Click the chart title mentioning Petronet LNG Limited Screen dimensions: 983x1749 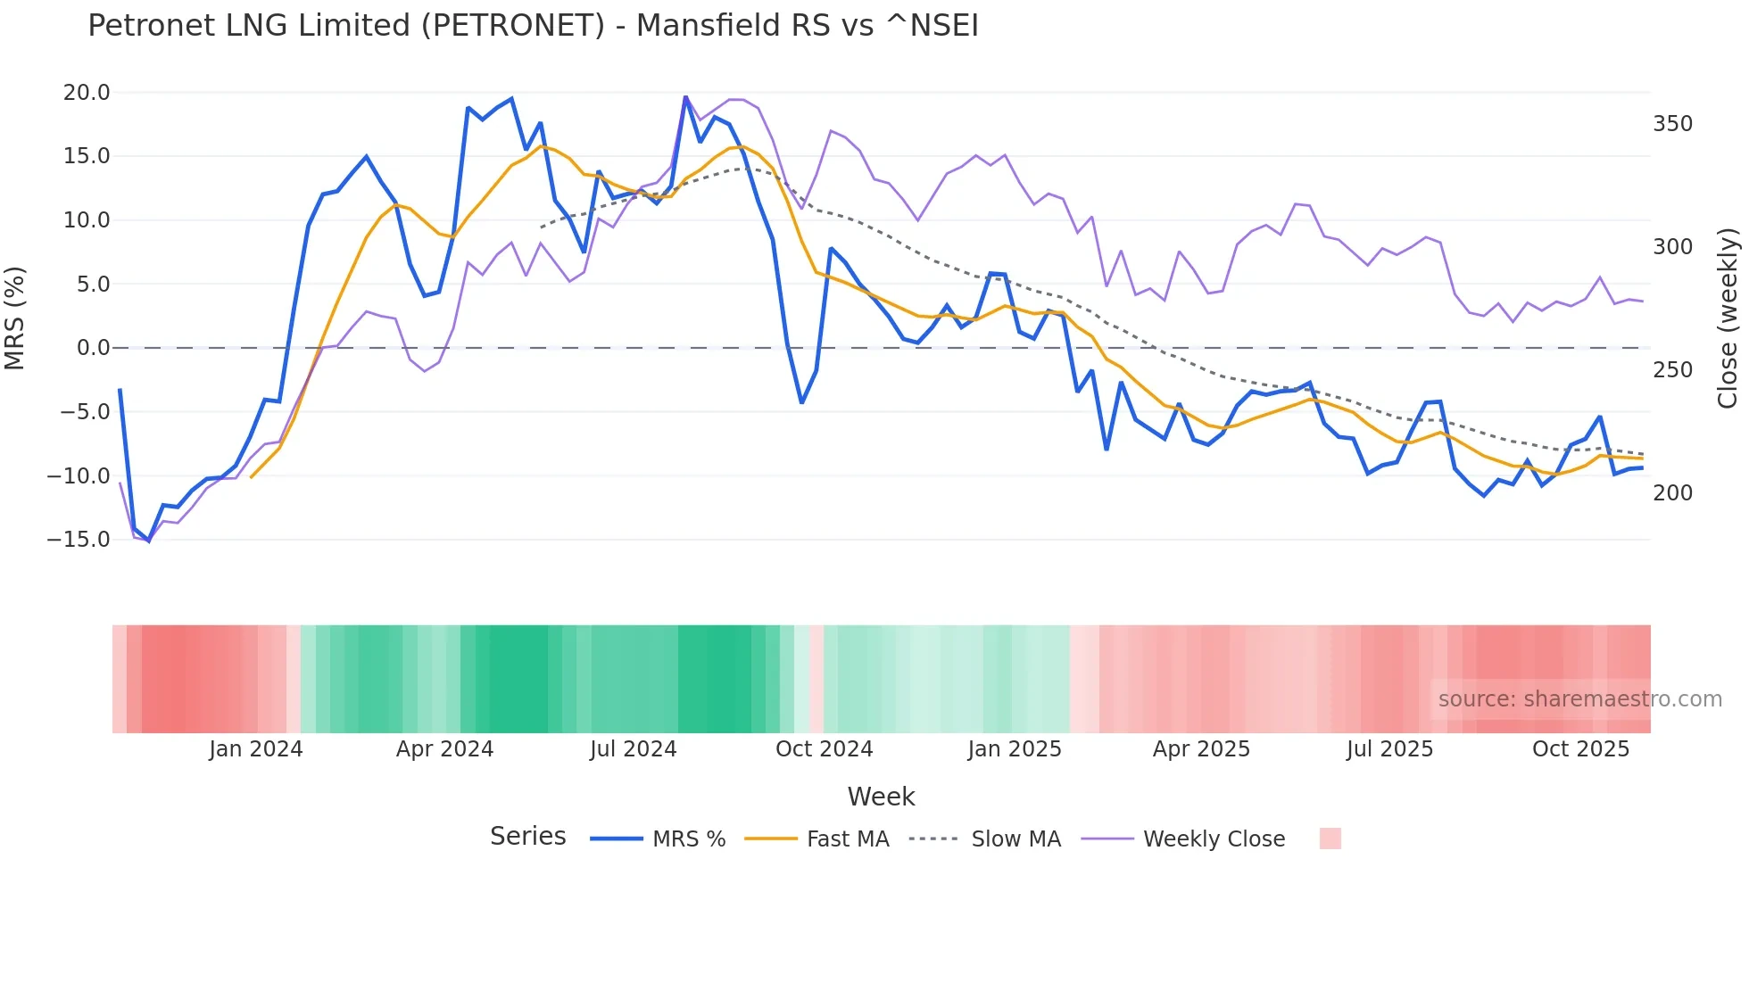tap(533, 26)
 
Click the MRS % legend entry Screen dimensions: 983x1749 tap(688, 839)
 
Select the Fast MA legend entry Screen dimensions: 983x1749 tap(847, 839)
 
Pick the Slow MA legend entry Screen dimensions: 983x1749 tap(1015, 839)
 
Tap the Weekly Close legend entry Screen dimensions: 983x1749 tap(1214, 839)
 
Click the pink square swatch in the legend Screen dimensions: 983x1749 tap(1330, 838)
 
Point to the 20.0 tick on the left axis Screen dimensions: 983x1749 tap(87, 93)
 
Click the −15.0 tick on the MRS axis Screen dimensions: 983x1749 tap(79, 540)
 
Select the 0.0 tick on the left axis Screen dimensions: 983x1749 tap(93, 348)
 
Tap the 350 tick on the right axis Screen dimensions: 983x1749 tap(1672, 124)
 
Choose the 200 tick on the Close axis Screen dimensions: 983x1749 tap(1672, 492)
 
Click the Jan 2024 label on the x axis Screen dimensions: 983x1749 tap(256, 749)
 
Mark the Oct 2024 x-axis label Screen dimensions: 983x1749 tap(824, 749)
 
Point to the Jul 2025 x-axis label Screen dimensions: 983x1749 tap(1389, 749)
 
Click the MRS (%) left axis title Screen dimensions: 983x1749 tap(15, 318)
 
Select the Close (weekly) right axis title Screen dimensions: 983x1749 tap(1728, 318)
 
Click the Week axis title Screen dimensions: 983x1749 tap(881, 797)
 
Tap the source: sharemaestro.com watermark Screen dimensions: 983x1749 tap(1579, 699)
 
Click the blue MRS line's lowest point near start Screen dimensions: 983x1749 tap(149, 541)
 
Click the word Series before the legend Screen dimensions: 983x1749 tap(527, 837)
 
